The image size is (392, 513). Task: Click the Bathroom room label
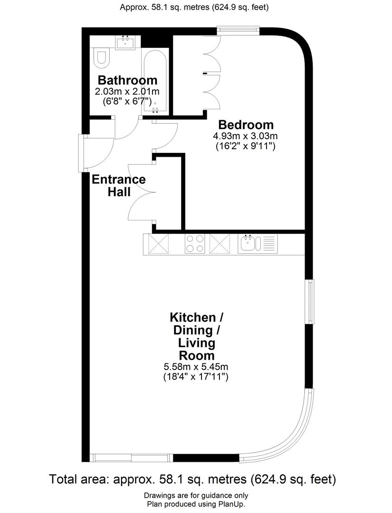(127, 80)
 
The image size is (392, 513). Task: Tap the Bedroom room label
(246, 125)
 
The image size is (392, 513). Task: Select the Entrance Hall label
(118, 186)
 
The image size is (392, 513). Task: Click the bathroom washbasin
(127, 42)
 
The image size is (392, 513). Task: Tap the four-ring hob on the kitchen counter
(195, 244)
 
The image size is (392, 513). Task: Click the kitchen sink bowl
(248, 244)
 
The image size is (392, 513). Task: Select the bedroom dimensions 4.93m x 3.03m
(245, 136)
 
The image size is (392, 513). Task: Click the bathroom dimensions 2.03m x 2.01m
(127, 91)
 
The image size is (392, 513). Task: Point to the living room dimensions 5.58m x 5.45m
(196, 367)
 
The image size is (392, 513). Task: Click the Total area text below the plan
(192, 479)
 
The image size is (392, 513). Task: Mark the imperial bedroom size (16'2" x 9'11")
(245, 147)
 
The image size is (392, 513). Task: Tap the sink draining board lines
(268, 244)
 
